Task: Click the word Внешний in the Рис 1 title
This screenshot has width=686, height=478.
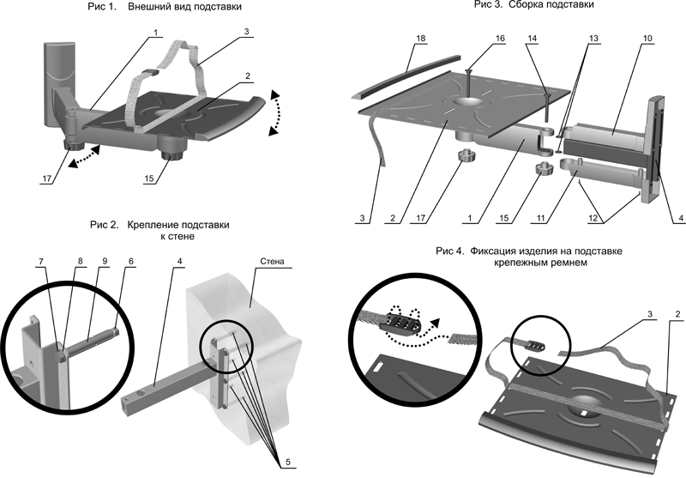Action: tap(147, 7)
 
